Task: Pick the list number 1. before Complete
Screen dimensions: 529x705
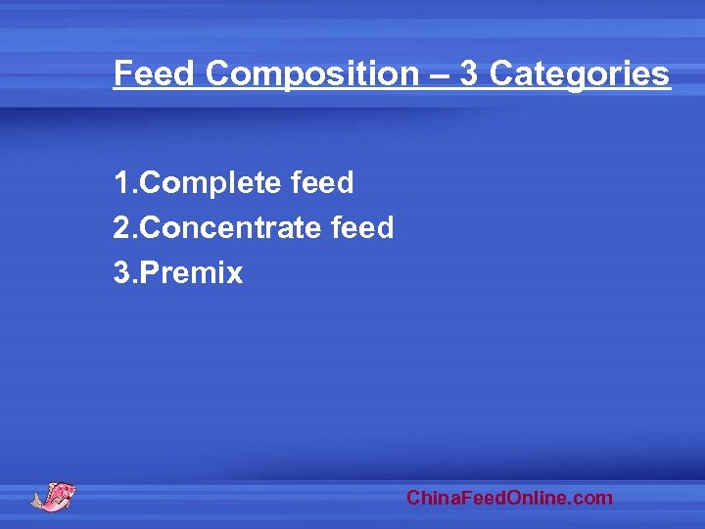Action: [x=126, y=183]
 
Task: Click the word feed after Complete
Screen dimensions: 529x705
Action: [x=322, y=183]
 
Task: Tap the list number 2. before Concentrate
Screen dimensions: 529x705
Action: [x=126, y=228]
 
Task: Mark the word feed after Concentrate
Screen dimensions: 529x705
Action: [x=362, y=228]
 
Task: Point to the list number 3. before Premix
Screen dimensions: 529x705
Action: [x=126, y=273]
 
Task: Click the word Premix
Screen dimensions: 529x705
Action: [x=192, y=273]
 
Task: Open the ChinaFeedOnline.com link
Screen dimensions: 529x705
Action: [x=509, y=499]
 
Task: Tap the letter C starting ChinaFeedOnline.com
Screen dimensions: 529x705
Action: [x=413, y=499]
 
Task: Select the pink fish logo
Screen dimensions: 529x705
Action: [x=54, y=495]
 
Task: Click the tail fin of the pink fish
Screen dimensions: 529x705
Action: [x=38, y=501]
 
